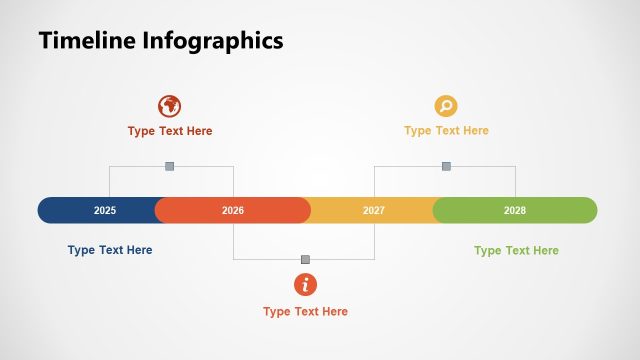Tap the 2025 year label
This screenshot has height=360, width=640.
coord(105,211)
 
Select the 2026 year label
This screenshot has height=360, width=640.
coord(233,211)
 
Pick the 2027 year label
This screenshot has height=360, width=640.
coord(374,211)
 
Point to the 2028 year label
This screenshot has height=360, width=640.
coord(515,211)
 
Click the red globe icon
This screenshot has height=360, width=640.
coord(170,106)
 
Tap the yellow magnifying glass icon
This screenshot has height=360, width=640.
coord(446,106)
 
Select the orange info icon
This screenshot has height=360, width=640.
coord(305,285)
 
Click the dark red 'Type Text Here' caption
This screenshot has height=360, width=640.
coord(170,131)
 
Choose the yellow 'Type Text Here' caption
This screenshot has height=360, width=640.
coord(446,131)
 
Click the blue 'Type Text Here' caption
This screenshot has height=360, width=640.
coord(110,250)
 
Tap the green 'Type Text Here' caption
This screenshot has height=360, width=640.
coord(516,250)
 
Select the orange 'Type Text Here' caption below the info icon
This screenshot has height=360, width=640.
coord(305,312)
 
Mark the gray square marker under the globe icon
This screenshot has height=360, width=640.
coord(170,166)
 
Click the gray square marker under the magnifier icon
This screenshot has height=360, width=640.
coord(446,166)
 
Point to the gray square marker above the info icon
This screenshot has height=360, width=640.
coord(305,259)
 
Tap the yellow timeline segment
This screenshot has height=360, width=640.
coord(410,211)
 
